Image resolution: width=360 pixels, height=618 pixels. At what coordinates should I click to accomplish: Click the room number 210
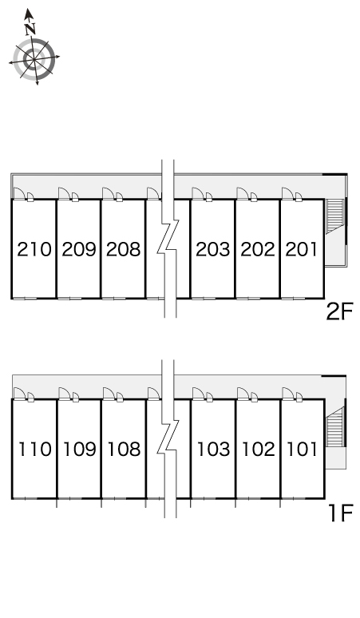pyautogui.click(x=34, y=249)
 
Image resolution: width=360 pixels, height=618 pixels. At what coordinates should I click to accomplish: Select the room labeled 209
pyautogui.click(x=79, y=249)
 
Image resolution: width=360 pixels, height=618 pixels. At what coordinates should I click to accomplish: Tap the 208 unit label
pyautogui.click(x=123, y=249)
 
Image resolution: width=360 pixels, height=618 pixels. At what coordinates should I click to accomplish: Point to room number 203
pyautogui.click(x=212, y=249)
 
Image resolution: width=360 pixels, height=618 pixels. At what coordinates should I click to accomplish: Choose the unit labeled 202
pyautogui.click(x=258, y=249)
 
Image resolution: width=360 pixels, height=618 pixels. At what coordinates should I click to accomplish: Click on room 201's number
pyautogui.click(x=301, y=249)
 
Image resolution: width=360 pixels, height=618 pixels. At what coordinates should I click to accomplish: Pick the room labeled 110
pyautogui.click(x=35, y=449)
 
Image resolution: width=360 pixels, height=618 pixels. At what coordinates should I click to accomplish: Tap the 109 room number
pyautogui.click(x=80, y=449)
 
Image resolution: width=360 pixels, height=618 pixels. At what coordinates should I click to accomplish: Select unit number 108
pyautogui.click(x=124, y=449)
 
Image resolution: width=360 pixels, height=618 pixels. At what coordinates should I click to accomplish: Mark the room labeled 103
pyautogui.click(x=213, y=449)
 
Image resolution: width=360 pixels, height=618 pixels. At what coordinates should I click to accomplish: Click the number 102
pyautogui.click(x=259, y=449)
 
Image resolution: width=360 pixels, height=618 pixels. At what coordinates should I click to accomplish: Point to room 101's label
pyautogui.click(x=302, y=449)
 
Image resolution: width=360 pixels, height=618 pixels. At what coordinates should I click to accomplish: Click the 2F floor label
pyautogui.click(x=339, y=311)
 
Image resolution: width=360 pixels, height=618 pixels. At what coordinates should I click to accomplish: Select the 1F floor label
pyautogui.click(x=340, y=513)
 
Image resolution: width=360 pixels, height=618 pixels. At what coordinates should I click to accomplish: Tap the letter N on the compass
pyautogui.click(x=30, y=29)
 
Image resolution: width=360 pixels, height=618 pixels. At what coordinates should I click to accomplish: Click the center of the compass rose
pyautogui.click(x=34, y=59)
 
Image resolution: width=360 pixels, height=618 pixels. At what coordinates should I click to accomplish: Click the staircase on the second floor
pyautogui.click(x=334, y=216)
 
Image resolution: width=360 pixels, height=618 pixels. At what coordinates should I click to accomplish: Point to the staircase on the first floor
pyautogui.click(x=334, y=428)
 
